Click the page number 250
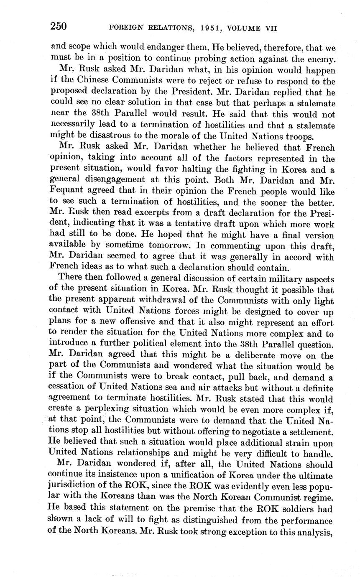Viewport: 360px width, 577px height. pyautogui.click(x=59, y=26)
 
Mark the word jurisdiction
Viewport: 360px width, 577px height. pyautogui.click(x=74, y=487)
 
